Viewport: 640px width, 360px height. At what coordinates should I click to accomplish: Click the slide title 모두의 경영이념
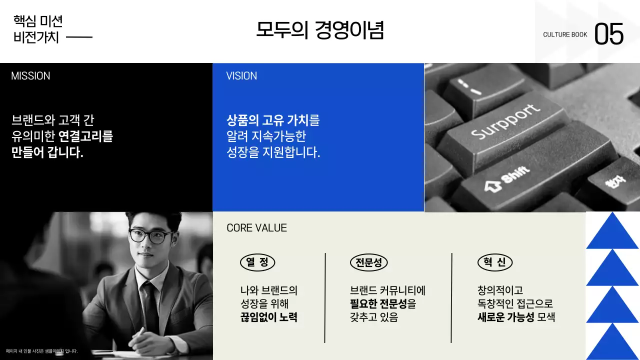(x=320, y=30)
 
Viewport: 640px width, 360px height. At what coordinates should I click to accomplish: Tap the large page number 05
(x=609, y=34)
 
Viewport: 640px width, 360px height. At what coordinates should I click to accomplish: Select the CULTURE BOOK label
(x=565, y=35)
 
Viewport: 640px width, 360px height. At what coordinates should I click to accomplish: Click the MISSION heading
(x=30, y=76)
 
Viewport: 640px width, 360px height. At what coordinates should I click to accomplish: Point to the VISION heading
(x=241, y=76)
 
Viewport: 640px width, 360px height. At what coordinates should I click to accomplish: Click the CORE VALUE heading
(x=256, y=228)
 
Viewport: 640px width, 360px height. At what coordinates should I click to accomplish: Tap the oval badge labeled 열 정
(x=257, y=262)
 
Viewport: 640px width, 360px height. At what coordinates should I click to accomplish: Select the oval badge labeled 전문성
(x=369, y=262)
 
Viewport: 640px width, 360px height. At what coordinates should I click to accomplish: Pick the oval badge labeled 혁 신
(x=495, y=262)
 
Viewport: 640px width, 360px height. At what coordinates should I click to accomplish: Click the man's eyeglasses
(x=150, y=236)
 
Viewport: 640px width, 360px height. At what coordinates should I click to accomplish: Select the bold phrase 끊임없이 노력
(x=269, y=317)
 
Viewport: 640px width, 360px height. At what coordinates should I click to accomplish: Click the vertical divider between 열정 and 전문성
(x=325, y=297)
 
